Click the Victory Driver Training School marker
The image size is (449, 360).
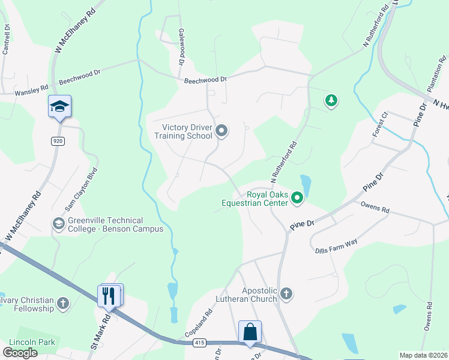pos(222,131)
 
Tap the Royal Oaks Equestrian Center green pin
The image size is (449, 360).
pos(297,197)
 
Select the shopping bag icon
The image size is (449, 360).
pos(250,332)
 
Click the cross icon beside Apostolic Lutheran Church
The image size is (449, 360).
pos(286,293)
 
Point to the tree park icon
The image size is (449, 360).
pos(330,101)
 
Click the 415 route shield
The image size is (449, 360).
pos(199,343)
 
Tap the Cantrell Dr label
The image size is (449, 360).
pos(7,40)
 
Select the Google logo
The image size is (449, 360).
pos(20,353)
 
